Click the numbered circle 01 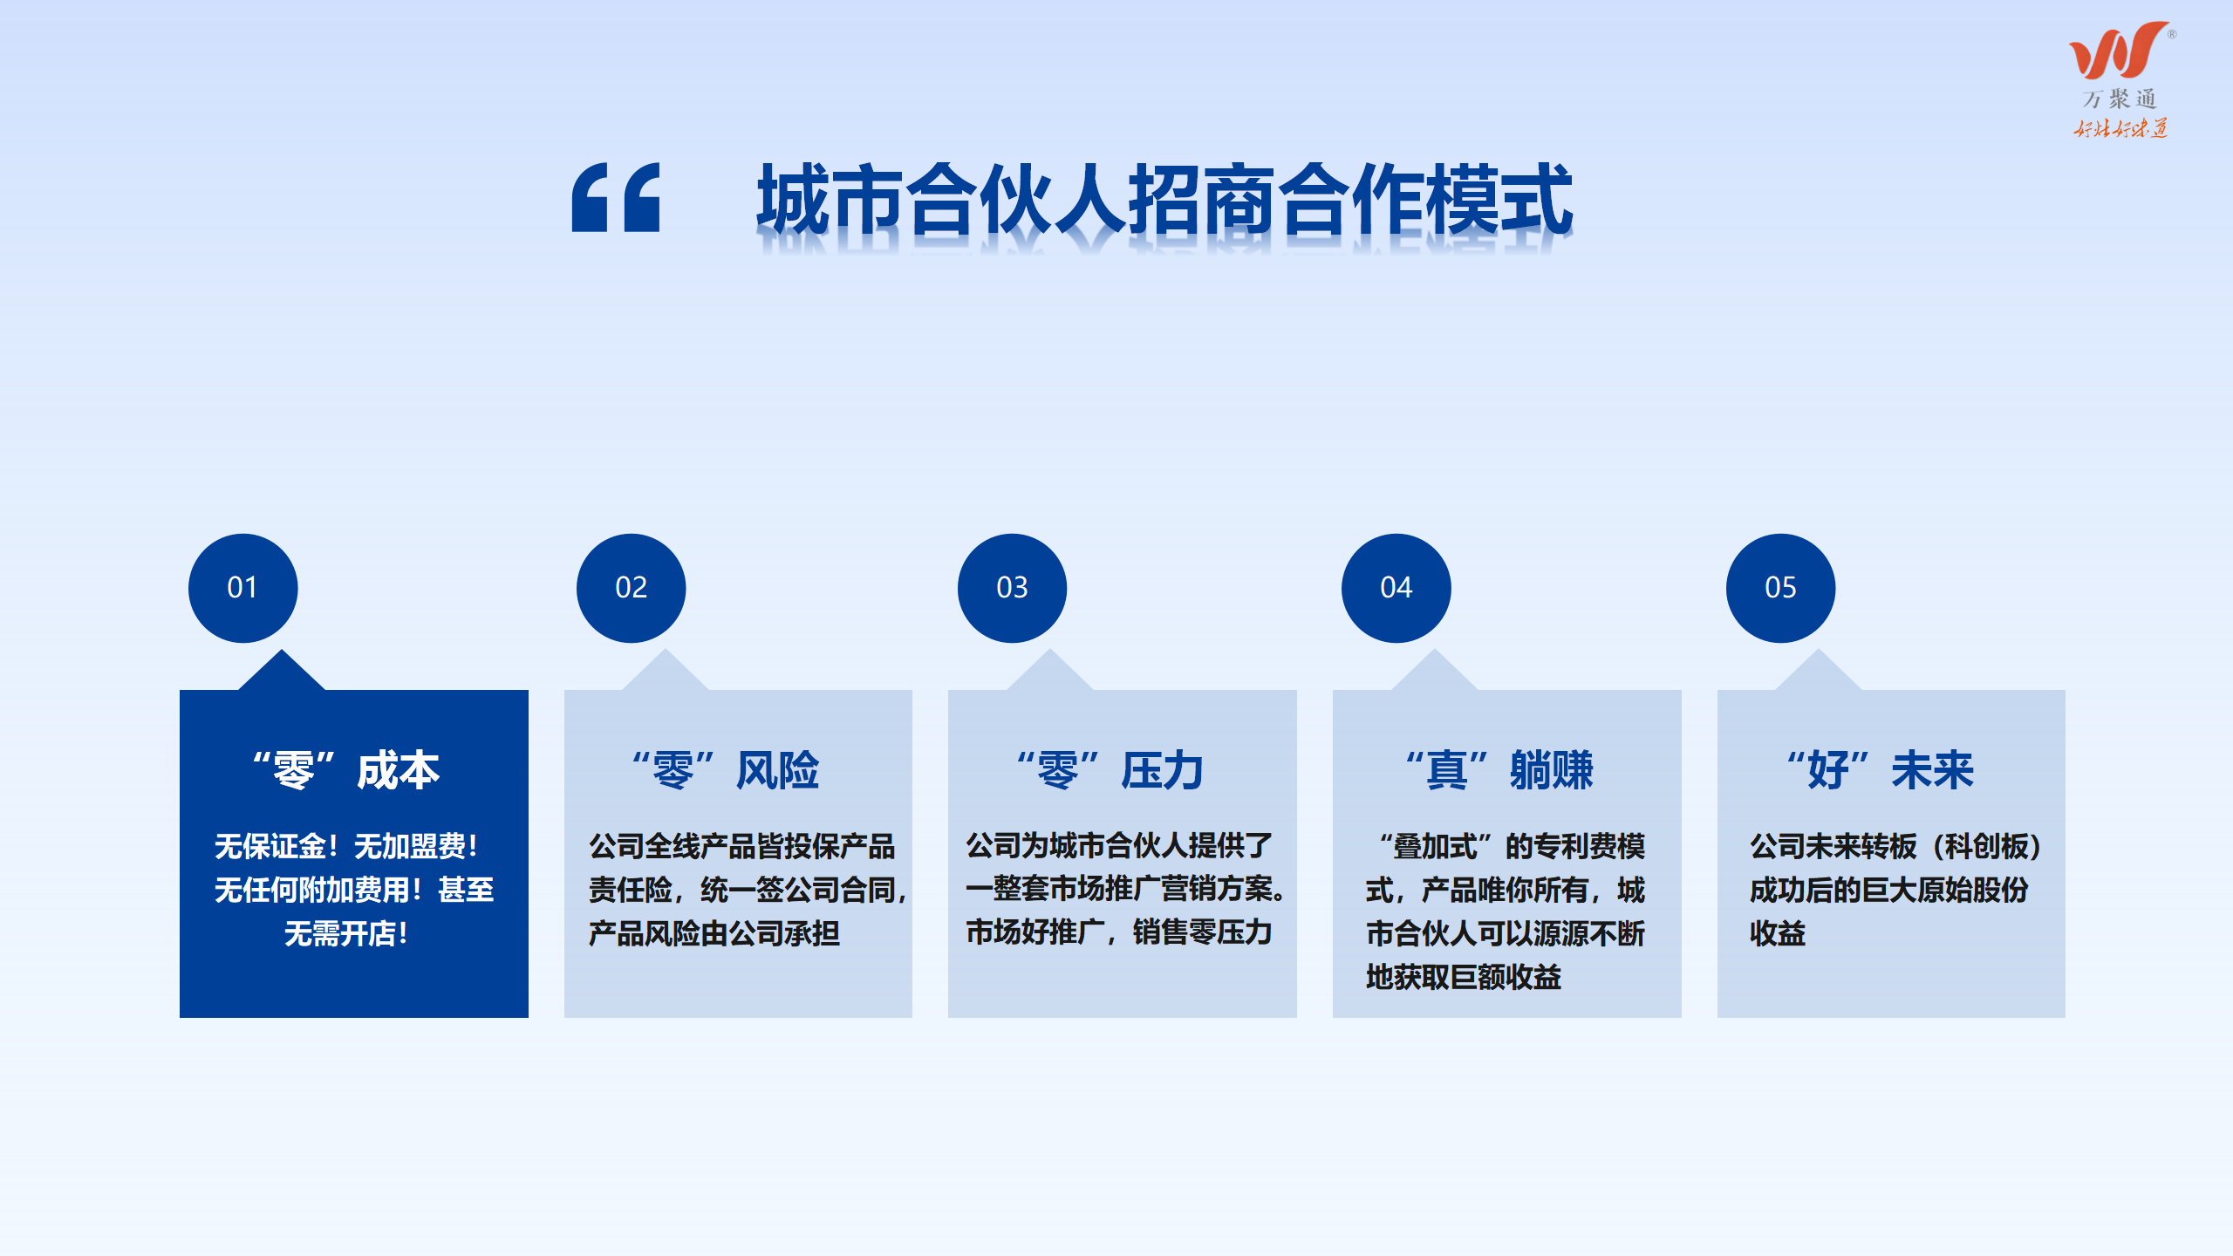coord(242,588)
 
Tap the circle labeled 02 coord(631,588)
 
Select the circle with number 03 coord(1012,588)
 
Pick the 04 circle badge coord(1396,588)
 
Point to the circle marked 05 coord(1780,588)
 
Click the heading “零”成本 coord(346,770)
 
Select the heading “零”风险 coord(726,770)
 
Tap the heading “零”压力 coord(1110,770)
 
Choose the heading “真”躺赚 coord(1499,770)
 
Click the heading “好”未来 coord(1880,770)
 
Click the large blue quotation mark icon coord(616,197)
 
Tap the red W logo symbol coord(2118,51)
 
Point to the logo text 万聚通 coord(2120,99)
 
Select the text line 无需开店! coord(346,934)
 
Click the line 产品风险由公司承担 coord(714,934)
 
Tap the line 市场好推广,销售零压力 coord(1118,932)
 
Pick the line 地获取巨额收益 coord(1464,978)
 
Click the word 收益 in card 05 coord(1778,934)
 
